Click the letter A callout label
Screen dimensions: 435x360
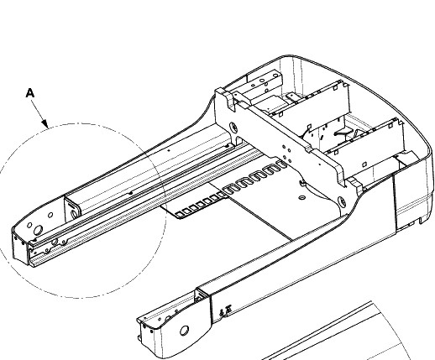click(x=30, y=93)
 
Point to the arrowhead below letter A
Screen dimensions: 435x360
click(x=45, y=123)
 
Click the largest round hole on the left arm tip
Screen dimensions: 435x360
click(x=38, y=230)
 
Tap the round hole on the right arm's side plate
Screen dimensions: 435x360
click(x=184, y=331)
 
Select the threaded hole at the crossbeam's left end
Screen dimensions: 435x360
click(x=233, y=128)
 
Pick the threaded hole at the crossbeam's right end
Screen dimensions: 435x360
click(x=342, y=201)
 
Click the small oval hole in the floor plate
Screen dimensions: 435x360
click(x=301, y=197)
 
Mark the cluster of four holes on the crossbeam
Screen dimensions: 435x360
click(x=287, y=154)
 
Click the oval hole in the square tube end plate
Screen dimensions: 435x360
click(x=75, y=214)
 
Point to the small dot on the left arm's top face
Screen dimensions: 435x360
click(x=169, y=150)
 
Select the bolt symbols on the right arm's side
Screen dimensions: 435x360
click(x=225, y=310)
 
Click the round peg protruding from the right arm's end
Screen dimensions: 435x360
click(x=139, y=338)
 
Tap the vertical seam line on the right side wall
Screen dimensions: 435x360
click(x=395, y=204)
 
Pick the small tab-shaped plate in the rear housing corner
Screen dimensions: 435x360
click(x=292, y=97)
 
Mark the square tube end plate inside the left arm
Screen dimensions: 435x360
click(x=72, y=208)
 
